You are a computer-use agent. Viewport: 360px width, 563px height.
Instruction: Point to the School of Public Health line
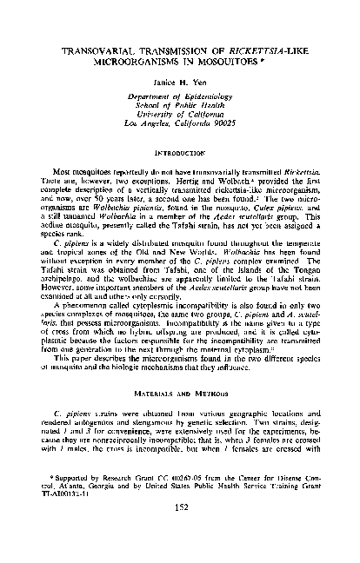[180, 116]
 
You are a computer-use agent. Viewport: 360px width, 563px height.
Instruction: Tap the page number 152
[180, 526]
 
